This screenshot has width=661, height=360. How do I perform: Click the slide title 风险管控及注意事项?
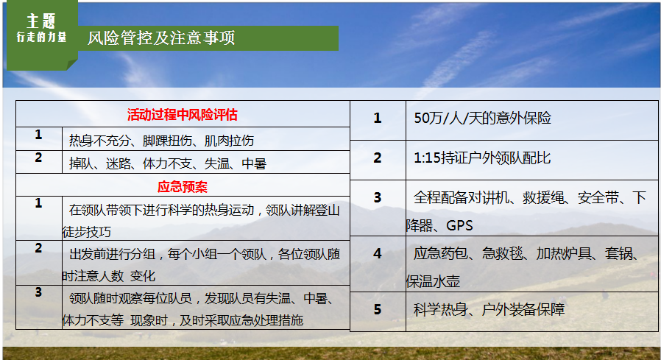coord(161,38)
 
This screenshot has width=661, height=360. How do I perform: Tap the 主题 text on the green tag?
coord(41,21)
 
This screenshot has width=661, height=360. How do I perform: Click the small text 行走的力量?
coord(41,37)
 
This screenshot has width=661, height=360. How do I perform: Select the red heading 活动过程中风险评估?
coord(183,115)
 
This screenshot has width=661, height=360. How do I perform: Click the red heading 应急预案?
coord(183,187)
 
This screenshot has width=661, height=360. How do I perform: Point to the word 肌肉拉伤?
coord(229,141)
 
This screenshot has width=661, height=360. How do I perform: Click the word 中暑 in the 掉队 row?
coord(254,163)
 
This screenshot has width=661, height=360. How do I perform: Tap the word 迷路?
coord(119,163)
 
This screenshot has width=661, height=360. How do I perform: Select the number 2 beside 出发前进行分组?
coord(38,248)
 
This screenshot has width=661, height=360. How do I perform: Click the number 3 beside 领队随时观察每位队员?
coord(38,292)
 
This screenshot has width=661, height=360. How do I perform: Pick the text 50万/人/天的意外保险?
coord(483,118)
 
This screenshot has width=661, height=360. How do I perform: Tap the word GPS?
coord(459,225)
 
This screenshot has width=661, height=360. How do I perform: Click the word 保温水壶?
coord(433,281)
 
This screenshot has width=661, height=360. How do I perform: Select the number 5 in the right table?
coord(378,310)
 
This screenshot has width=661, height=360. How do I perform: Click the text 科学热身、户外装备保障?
coord(489,310)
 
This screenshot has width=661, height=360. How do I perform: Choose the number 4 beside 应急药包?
coord(378,253)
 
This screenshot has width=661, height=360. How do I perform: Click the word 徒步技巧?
coord(86,232)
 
